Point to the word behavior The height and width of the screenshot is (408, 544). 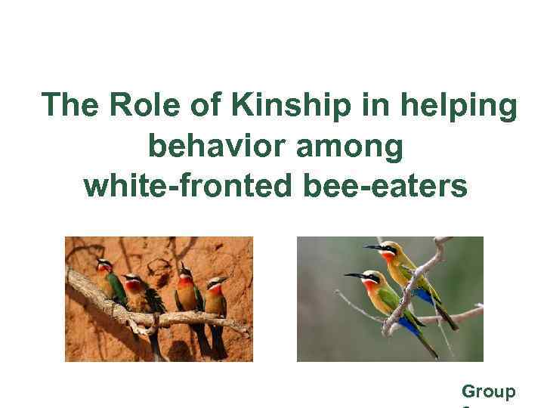(215, 146)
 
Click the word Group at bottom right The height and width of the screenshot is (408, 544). (489, 391)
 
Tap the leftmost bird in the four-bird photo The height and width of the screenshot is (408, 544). (107, 283)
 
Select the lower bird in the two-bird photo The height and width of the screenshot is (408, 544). (389, 302)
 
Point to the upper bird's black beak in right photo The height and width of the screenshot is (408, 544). (372, 247)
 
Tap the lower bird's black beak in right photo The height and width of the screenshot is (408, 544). (353, 276)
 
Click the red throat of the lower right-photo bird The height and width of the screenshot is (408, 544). (372, 288)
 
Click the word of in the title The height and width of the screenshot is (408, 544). (202, 106)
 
